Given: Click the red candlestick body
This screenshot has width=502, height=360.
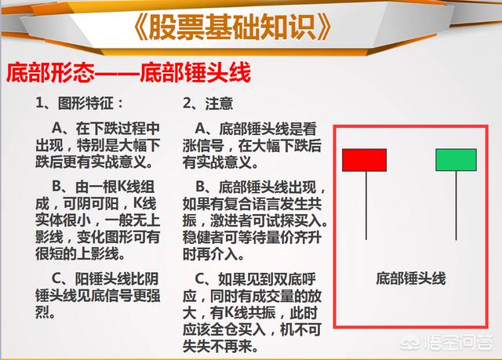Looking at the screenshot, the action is pyautogui.click(x=364, y=160).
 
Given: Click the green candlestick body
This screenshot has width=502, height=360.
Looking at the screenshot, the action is pyautogui.click(x=457, y=160).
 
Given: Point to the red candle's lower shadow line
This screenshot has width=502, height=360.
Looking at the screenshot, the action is pyautogui.click(x=366, y=205).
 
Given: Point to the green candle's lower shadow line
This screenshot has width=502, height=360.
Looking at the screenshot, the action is pyautogui.click(x=457, y=205).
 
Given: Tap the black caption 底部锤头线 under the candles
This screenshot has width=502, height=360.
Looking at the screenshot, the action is pyautogui.click(x=411, y=278).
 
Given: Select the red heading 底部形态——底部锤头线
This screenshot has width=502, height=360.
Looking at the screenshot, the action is pyautogui.click(x=129, y=73).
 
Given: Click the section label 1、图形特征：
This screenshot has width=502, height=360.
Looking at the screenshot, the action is pyautogui.click(x=80, y=104).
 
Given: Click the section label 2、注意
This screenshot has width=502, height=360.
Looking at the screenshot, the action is pyautogui.click(x=208, y=104).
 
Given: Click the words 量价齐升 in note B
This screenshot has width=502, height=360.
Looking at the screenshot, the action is pyautogui.click(x=293, y=238).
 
